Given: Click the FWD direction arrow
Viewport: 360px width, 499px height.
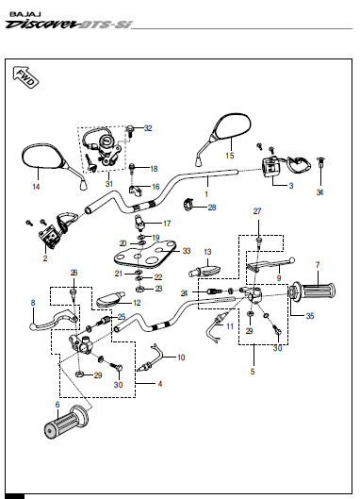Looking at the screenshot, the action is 25,77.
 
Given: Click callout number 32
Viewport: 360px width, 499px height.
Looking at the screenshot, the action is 148,128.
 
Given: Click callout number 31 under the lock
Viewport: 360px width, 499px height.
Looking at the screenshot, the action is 109,184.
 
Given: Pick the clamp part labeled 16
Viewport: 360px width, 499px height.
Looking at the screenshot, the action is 135,190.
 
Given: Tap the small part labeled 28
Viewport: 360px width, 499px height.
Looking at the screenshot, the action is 188,204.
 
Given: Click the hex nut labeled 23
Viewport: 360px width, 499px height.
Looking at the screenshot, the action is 139,290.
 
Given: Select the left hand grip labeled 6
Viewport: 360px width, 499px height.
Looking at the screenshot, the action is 65,422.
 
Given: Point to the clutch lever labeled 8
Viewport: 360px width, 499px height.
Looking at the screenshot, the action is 54,319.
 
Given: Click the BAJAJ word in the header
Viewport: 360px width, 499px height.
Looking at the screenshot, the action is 21,14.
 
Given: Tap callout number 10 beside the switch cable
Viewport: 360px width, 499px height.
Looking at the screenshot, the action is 181,358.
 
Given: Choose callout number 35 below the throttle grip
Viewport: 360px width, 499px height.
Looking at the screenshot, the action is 310,316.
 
